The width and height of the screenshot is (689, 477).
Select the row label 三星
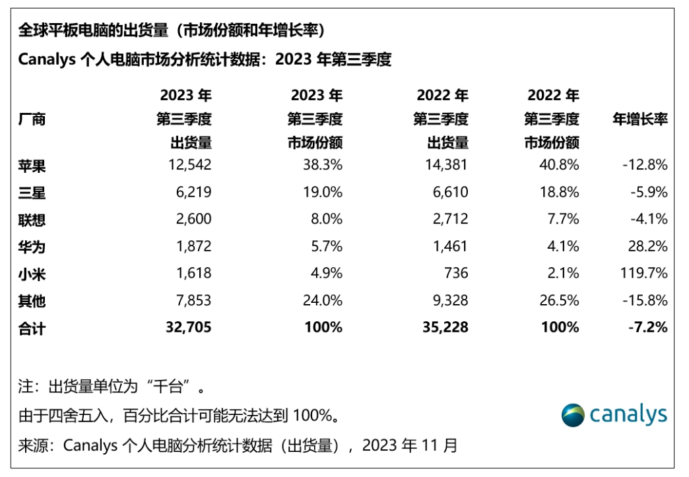tap(32, 193)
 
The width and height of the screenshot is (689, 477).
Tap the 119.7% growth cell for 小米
tap(643, 273)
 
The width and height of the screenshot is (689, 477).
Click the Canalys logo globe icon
tap(573, 415)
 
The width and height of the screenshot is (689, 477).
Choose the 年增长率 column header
tap(640, 119)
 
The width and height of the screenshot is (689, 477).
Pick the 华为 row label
tap(32, 247)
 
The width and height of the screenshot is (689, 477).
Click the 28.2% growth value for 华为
tap(649, 246)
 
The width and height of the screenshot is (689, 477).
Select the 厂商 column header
tap(32, 119)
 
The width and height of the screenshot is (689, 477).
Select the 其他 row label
tap(32, 301)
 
